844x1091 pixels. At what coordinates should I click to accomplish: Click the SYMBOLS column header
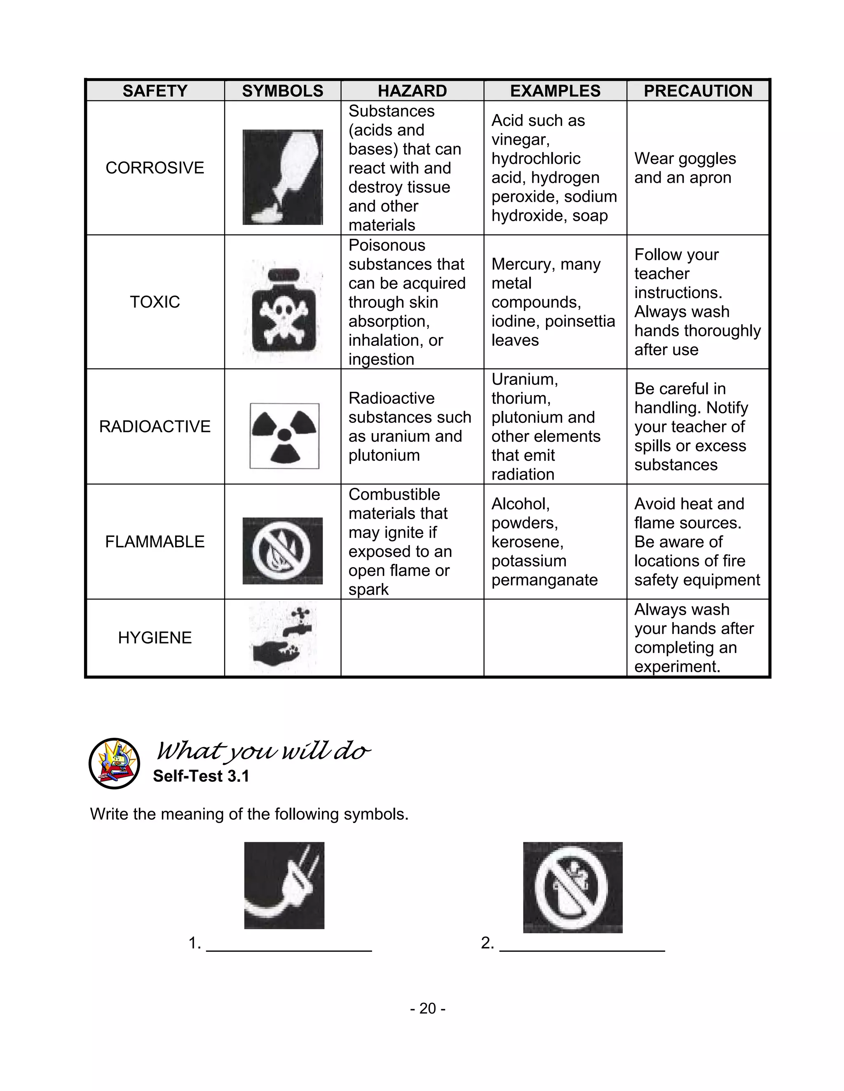click(x=282, y=91)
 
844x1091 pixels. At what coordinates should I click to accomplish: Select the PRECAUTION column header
click(x=698, y=91)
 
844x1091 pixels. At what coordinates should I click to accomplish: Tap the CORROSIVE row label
click(x=155, y=168)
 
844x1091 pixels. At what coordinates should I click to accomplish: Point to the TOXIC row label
click(x=155, y=302)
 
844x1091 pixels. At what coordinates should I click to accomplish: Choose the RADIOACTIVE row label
click(x=155, y=427)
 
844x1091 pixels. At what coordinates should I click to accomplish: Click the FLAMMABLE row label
click(x=155, y=541)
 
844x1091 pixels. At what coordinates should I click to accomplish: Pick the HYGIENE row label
click(x=155, y=637)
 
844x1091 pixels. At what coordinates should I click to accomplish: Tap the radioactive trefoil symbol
click(x=284, y=436)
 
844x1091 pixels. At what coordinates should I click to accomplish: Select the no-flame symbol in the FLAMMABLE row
click(x=282, y=550)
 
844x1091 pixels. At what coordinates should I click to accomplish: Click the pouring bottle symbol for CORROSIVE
click(x=282, y=177)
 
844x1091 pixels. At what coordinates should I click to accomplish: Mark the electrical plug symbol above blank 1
click(x=284, y=885)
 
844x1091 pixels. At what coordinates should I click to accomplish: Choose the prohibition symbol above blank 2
click(x=572, y=887)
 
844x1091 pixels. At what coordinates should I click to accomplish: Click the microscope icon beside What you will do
click(x=115, y=763)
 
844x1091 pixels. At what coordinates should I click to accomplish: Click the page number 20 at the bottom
click(x=427, y=1009)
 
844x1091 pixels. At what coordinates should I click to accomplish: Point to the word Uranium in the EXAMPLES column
click(x=525, y=380)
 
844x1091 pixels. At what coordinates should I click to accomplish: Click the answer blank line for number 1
click(x=289, y=950)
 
